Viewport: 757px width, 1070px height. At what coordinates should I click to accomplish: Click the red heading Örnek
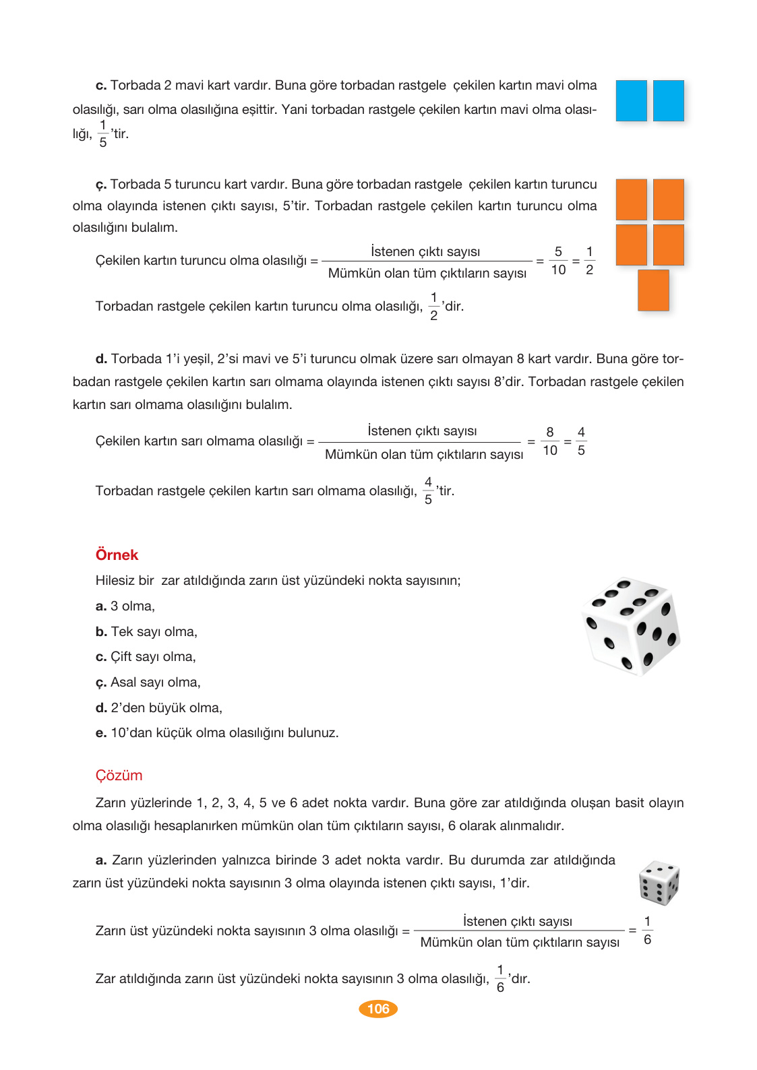[117, 555]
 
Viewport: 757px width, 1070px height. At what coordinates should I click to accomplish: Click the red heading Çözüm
[119, 775]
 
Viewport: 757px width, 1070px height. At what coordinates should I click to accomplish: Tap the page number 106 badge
[378, 1009]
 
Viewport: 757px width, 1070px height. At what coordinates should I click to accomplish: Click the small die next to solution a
[659, 883]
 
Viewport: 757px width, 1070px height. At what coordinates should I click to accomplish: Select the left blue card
[631, 100]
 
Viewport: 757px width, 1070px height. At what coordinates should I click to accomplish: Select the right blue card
[668, 100]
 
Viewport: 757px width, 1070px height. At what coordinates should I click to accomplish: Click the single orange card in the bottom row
[653, 290]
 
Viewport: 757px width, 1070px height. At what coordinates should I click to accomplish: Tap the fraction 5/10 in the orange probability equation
[558, 260]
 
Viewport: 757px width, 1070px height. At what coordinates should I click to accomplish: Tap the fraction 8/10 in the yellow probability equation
[550, 441]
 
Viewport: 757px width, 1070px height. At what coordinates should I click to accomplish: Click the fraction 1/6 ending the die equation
[647, 930]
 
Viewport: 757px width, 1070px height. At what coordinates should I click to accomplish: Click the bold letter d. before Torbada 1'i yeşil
[101, 358]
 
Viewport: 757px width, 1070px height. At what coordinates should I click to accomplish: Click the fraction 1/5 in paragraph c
[102, 133]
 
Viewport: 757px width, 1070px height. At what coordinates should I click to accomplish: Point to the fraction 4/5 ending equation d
[581, 441]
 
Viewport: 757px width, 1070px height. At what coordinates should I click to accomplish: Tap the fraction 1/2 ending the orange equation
[589, 260]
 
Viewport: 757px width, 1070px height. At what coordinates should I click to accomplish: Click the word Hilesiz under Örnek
[115, 580]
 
